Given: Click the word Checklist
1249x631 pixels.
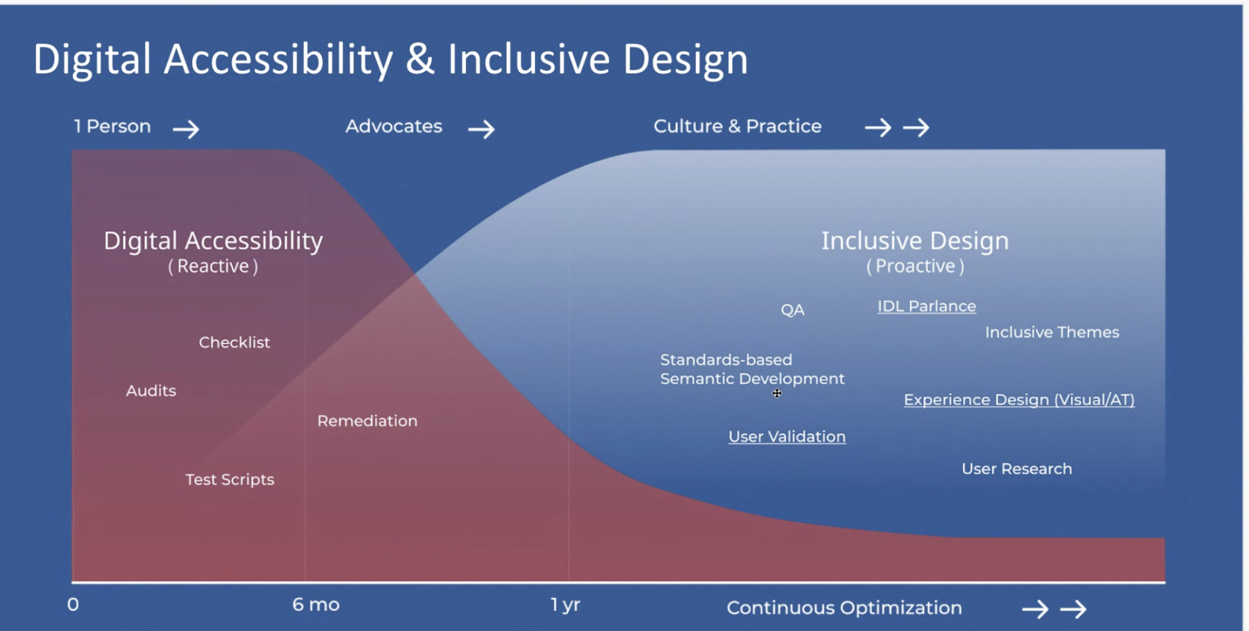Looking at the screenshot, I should (x=234, y=342).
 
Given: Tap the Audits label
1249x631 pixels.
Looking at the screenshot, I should (x=151, y=391).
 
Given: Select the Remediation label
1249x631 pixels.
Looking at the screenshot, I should (x=367, y=420).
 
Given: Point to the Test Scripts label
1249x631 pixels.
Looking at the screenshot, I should (x=230, y=480).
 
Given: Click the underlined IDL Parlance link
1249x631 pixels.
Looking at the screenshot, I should (x=926, y=306).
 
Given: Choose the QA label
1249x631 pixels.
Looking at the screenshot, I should (x=792, y=310).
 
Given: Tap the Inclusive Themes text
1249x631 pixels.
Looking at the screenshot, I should (x=1052, y=333).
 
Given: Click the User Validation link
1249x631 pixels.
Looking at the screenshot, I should (x=787, y=437).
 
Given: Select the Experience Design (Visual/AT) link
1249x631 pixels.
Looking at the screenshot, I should (x=1019, y=400).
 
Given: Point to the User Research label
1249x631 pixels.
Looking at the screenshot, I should (x=1017, y=469).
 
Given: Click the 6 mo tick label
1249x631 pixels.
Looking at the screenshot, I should (x=315, y=605).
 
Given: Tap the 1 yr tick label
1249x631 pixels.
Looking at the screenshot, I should (x=565, y=605).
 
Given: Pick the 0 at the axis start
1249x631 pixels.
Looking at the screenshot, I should (x=73, y=605).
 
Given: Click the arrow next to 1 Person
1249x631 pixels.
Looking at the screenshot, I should (x=186, y=129).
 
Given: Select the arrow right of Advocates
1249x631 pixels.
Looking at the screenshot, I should (x=481, y=129).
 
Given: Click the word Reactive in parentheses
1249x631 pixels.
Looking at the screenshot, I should (x=213, y=267).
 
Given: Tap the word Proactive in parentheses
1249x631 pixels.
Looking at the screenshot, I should (x=915, y=267).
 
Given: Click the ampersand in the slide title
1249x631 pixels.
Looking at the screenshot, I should (x=420, y=60).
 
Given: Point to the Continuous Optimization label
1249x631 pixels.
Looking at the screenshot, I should (x=844, y=608).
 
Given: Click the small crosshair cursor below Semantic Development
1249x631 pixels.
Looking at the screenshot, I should (x=777, y=394).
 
